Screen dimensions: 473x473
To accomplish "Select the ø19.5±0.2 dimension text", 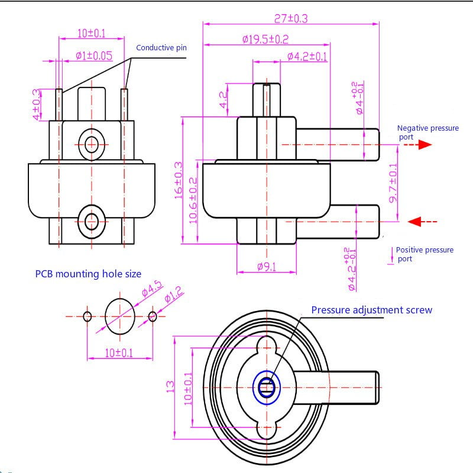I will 265,39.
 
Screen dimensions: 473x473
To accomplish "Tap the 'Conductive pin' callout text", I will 161,48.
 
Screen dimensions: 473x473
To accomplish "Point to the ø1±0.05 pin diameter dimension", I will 94,56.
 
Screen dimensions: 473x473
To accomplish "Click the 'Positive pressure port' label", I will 424,254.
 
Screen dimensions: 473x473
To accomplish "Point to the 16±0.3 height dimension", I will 179,180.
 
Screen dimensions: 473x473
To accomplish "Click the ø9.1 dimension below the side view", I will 267,267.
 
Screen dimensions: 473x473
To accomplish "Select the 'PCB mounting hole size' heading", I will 88,274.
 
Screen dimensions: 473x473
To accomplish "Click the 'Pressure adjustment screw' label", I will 371,310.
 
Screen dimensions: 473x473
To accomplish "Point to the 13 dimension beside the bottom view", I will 170,386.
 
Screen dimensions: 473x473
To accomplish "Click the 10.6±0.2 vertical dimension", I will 193,199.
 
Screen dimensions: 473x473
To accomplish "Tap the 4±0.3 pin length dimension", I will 37,105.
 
